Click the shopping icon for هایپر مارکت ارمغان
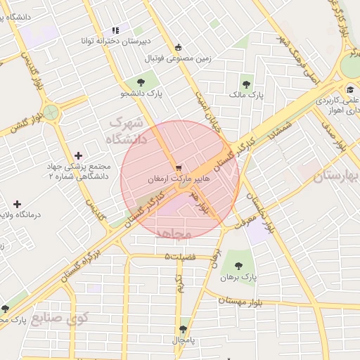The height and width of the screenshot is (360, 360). (181, 169)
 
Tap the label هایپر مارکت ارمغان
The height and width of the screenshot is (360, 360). (179, 180)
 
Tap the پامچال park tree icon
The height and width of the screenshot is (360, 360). (184, 329)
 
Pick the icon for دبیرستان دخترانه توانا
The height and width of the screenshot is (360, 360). (115, 30)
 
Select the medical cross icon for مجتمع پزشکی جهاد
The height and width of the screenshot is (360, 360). (77, 155)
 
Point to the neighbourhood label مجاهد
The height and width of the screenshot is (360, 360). (173, 233)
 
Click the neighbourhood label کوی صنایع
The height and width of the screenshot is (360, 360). (89, 320)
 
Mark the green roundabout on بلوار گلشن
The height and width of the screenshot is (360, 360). (51, 111)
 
